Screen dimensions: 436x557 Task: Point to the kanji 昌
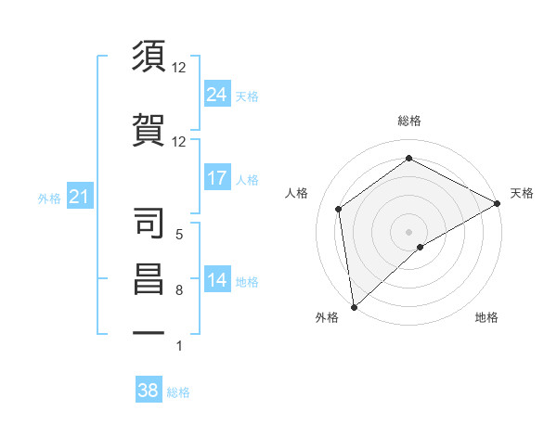point(149,279)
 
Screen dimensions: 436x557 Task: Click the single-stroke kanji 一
point(149,330)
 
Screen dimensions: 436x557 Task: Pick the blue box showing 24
point(217,94)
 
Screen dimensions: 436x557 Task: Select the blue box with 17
point(217,177)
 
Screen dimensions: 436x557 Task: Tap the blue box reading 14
point(217,279)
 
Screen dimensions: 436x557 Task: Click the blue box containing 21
point(79,197)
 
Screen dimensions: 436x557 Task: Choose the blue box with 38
point(149,391)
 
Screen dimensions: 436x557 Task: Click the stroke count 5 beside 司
point(179,236)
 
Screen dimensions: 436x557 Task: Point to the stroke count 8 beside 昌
point(179,290)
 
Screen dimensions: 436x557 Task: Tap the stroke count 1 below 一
point(179,346)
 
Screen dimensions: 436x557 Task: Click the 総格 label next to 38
point(178,392)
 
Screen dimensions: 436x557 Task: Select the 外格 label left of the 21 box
point(49,199)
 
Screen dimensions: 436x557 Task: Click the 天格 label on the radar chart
point(522,193)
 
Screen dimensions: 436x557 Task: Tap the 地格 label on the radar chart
point(486,317)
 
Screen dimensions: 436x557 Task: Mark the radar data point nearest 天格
point(498,203)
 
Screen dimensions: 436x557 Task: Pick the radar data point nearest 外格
point(354,306)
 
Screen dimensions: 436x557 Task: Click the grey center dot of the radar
point(408,231)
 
